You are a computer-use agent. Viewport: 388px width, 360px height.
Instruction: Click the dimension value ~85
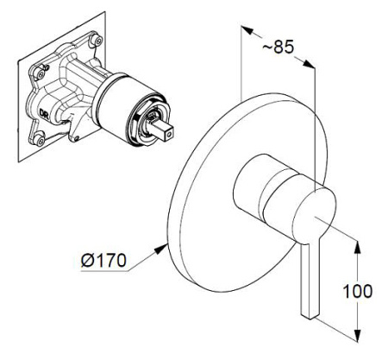pyautogui.click(x=278, y=47)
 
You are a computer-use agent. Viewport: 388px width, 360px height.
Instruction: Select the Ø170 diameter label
pyautogui.click(x=103, y=261)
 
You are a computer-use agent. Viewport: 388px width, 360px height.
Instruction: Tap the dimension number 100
pyautogui.click(x=358, y=291)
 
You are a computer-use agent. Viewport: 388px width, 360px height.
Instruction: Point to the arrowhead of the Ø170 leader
pyautogui.click(x=162, y=249)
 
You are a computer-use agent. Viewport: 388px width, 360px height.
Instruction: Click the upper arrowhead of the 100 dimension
pyautogui.click(x=357, y=248)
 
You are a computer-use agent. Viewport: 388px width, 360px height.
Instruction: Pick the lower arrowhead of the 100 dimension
pyautogui.click(x=357, y=335)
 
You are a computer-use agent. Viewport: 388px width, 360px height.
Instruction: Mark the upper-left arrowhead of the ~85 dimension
pyautogui.click(x=247, y=30)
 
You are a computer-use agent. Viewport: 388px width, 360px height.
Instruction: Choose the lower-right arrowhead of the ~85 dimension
pyautogui.click(x=309, y=64)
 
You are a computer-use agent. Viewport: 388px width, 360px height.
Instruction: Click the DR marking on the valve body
pyautogui.click(x=44, y=112)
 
